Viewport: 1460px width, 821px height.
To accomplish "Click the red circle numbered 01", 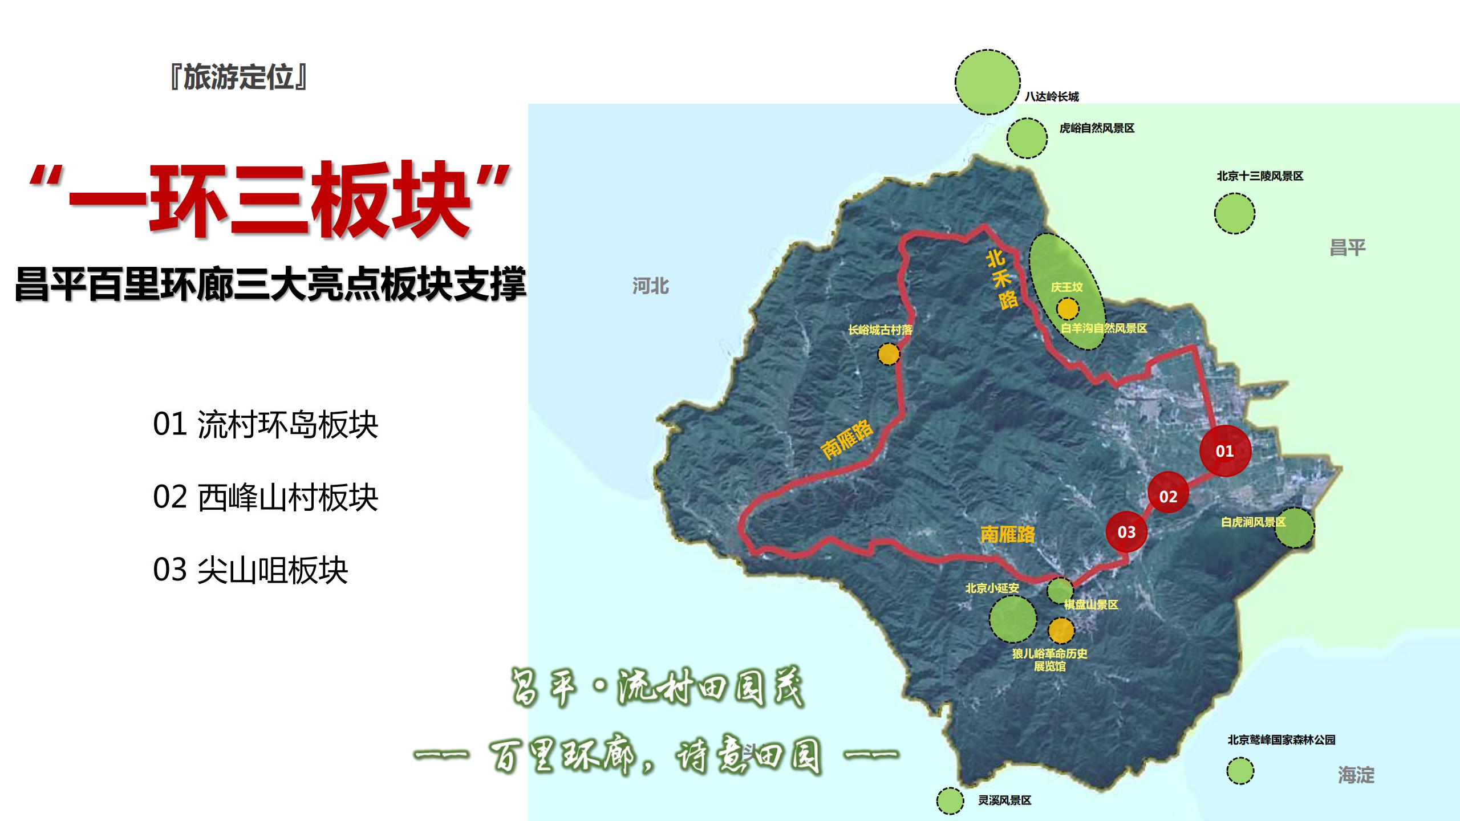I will point(1225,451).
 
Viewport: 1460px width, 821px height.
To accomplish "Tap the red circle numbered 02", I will point(1168,496).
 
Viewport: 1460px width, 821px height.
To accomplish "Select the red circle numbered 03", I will point(1126,532).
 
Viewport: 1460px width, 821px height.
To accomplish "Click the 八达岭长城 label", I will point(1052,97).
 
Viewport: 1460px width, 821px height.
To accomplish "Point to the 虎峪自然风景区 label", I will point(1097,129).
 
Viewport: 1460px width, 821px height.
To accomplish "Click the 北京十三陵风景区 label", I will point(1260,176).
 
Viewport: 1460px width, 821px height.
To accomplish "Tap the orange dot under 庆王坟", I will point(1067,309).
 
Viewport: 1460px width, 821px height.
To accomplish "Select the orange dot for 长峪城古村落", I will point(888,354).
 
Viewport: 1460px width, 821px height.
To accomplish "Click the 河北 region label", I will point(650,286).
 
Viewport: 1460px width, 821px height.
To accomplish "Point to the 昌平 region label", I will point(1347,248).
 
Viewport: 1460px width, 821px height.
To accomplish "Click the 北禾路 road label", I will point(1001,281).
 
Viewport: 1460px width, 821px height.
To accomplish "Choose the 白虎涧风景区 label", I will point(1253,522).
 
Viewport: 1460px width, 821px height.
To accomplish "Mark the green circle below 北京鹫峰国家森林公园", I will point(1240,772).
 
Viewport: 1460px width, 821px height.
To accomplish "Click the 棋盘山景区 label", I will point(1090,605).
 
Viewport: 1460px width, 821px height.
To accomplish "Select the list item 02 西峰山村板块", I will point(265,498).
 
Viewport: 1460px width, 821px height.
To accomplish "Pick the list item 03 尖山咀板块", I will point(250,570).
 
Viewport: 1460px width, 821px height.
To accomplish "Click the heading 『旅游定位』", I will point(238,77).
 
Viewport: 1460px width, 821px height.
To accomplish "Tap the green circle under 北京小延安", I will point(1012,619).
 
